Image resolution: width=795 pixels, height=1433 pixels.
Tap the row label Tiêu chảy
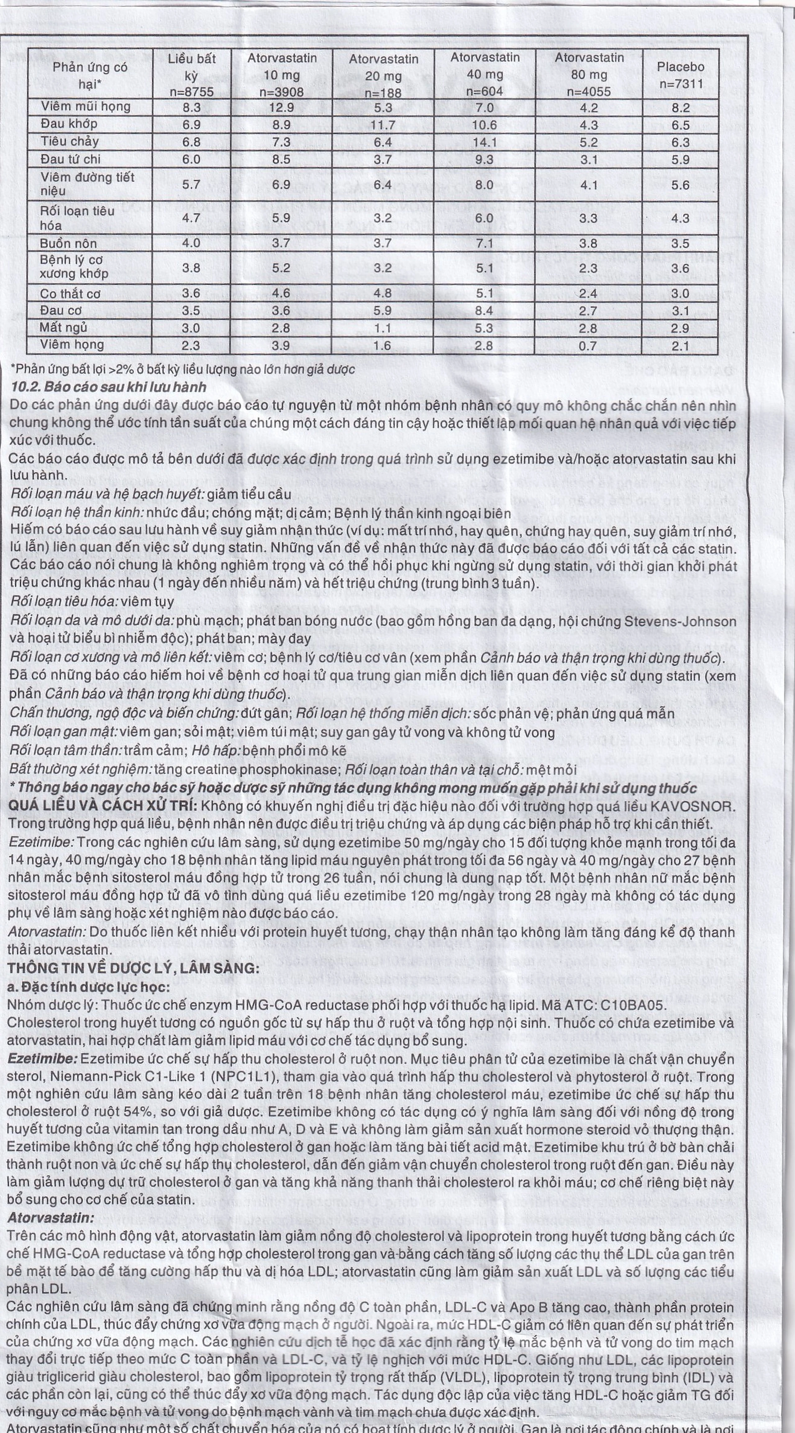[70, 141]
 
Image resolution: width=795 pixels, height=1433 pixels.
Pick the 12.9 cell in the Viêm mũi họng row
[281, 107]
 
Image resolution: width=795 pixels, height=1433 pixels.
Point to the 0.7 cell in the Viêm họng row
[588, 346]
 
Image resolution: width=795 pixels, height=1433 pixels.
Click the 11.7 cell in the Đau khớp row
[383, 125]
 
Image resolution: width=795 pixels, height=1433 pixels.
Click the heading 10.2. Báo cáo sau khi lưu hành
[108, 387]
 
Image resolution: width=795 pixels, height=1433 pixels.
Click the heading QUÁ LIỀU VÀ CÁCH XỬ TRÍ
[102, 807]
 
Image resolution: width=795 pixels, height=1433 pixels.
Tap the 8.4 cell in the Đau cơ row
[484, 311]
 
